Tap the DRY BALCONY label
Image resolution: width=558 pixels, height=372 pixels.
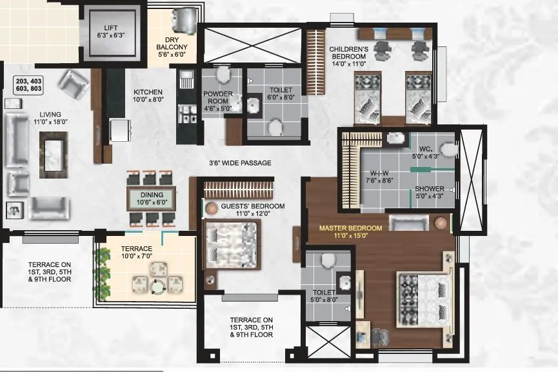[x=172, y=47]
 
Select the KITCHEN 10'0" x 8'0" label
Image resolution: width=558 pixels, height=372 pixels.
[x=148, y=96]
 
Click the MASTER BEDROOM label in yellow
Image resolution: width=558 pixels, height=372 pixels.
[x=351, y=231]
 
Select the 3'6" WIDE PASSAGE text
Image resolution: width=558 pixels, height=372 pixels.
[x=239, y=162]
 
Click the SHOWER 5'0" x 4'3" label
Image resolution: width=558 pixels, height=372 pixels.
[x=429, y=193]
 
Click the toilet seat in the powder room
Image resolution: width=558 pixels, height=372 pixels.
[x=223, y=75]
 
